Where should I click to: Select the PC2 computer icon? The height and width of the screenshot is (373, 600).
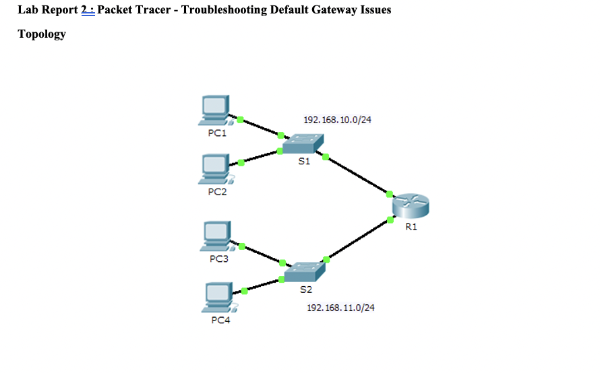tap(215, 169)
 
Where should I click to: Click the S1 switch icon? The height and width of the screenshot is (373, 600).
tap(303, 143)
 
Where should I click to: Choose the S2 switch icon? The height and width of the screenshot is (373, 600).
tap(305, 271)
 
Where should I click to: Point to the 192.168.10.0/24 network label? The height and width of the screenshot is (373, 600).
tap(338, 120)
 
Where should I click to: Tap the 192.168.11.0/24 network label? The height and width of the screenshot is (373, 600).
tap(340, 308)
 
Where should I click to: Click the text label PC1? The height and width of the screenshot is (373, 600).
tap(217, 133)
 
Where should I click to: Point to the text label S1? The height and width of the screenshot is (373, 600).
tap(304, 162)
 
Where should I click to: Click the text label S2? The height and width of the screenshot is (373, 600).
tap(306, 290)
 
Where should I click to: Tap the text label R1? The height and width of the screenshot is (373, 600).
tap(411, 227)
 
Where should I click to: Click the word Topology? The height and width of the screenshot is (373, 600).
tap(42, 34)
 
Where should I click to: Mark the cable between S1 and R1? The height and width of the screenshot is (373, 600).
tap(357, 176)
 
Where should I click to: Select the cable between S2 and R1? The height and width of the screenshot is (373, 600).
tap(358, 239)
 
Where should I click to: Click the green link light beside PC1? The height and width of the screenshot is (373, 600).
tap(240, 120)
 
